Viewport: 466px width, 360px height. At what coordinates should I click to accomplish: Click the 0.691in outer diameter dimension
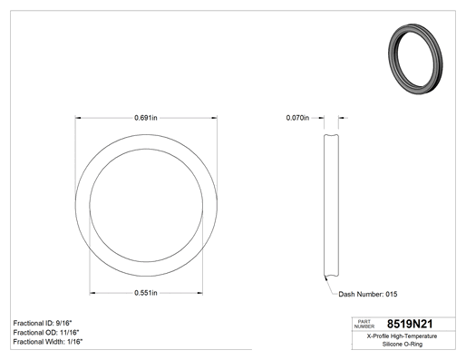[x=146, y=118]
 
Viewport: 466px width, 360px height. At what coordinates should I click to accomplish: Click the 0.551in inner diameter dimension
[x=146, y=293]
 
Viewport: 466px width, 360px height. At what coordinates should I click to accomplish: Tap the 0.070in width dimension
[x=297, y=118]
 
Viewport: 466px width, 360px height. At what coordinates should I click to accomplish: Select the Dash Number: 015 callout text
[x=368, y=294]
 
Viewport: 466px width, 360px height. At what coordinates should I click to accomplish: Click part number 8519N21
[x=410, y=324]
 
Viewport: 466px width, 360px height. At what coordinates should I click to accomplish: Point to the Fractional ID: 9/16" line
[x=43, y=323]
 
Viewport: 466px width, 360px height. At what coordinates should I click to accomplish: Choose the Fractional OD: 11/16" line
[x=46, y=332]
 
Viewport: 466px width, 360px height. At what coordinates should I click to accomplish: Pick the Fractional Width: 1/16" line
[x=48, y=342]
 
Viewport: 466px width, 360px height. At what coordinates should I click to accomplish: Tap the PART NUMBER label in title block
[x=364, y=324]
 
